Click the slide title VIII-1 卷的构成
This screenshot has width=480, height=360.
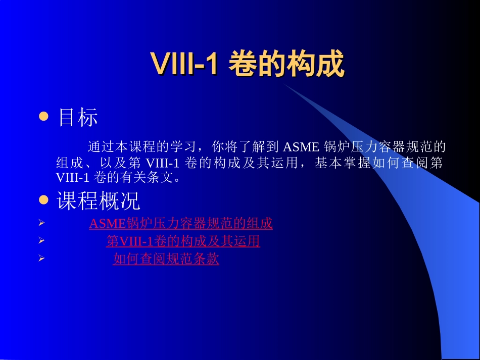click(x=247, y=64)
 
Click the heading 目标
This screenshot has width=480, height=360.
click(x=78, y=118)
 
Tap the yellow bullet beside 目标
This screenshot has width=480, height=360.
click(x=43, y=117)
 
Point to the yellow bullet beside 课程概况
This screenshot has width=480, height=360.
click(x=43, y=200)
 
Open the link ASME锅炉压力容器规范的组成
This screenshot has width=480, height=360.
click(x=181, y=224)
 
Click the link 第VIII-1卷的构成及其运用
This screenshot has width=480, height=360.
click(x=183, y=242)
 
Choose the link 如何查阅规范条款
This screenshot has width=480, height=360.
click(x=166, y=260)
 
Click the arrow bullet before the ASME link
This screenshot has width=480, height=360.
click(x=42, y=223)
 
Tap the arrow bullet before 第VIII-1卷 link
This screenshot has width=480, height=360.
click(x=42, y=241)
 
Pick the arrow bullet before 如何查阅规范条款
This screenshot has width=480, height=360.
click(x=42, y=259)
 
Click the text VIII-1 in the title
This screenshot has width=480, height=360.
click(x=184, y=64)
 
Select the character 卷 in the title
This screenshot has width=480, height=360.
click(x=242, y=64)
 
